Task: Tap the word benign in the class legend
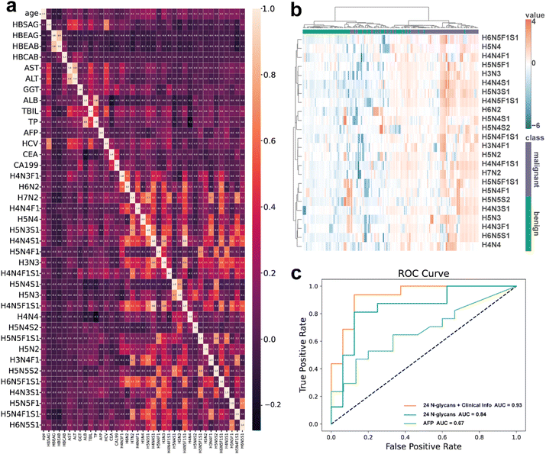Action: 535,224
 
